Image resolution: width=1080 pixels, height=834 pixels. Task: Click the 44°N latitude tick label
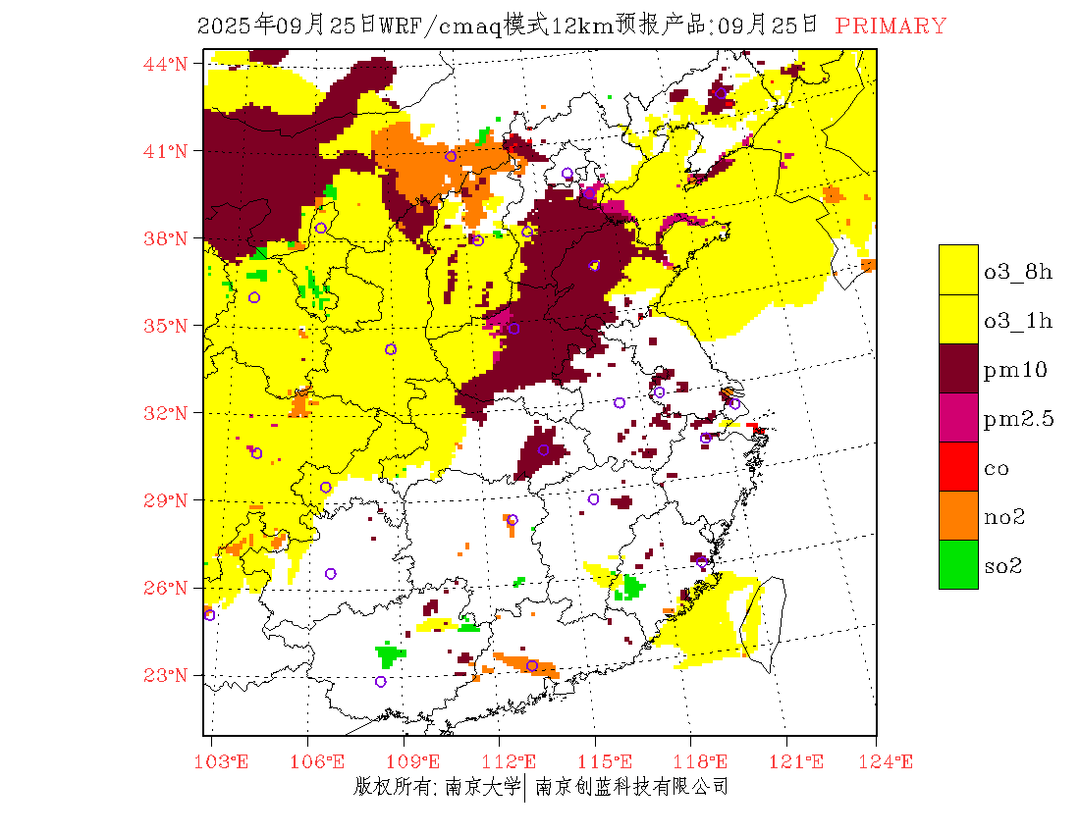click(166, 64)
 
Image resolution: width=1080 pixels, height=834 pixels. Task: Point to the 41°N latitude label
click(166, 151)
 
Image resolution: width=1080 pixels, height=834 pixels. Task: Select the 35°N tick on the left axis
click(166, 326)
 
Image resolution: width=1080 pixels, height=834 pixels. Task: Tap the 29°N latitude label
click(166, 500)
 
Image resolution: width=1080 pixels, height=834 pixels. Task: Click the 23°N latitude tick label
click(166, 675)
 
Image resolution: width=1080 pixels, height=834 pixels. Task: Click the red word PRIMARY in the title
click(891, 26)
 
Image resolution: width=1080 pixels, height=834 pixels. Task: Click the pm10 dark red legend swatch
click(958, 368)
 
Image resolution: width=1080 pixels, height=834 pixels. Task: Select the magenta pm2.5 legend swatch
click(958, 417)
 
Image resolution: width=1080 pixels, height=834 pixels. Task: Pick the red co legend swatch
click(958, 466)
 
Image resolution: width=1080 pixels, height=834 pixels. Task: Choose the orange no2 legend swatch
click(958, 515)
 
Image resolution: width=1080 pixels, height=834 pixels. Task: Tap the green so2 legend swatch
click(958, 564)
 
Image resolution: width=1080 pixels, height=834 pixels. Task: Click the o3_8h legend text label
click(1018, 272)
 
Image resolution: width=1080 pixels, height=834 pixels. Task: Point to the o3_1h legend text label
click(1018, 321)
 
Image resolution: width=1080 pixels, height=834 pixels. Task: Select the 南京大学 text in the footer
click(482, 787)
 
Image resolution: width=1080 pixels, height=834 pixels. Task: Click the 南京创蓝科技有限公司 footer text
click(631, 787)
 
